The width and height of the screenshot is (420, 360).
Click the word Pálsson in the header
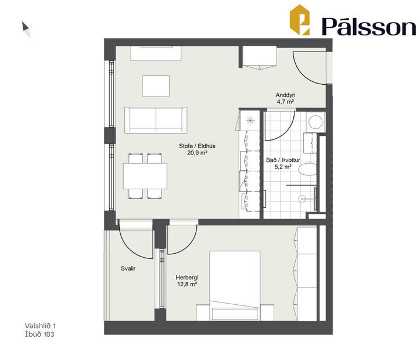[369, 26]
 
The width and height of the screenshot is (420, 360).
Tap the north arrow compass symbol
[26, 29]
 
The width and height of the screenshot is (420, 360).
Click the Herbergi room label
[187, 277]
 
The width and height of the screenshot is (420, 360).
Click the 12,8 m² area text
[187, 285]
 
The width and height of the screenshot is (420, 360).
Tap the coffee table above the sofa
[156, 87]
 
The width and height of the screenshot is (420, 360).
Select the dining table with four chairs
[145, 175]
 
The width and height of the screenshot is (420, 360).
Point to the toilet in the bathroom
[309, 168]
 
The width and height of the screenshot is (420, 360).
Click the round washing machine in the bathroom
[315, 123]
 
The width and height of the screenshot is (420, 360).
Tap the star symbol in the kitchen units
[250, 121]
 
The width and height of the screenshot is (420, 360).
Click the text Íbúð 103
[41, 334]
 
